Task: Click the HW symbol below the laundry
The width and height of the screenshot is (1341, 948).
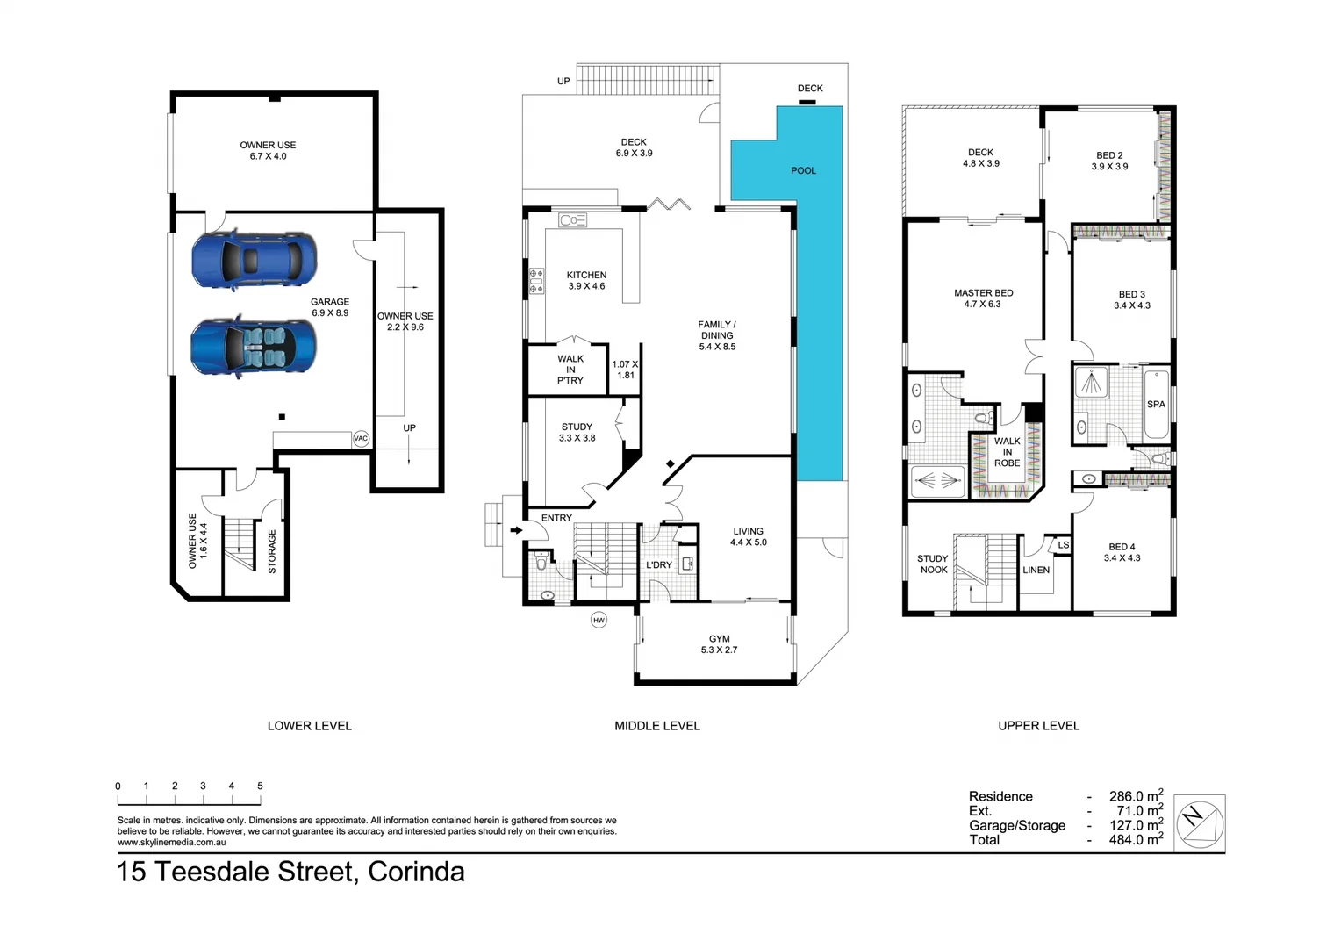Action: [x=599, y=620]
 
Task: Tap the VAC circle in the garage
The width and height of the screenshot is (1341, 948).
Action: [x=361, y=438]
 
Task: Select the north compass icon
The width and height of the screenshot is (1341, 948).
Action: [x=1199, y=823]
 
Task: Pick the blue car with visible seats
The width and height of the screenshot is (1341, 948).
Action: [x=254, y=347]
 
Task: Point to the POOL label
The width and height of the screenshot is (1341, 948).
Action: [x=803, y=170]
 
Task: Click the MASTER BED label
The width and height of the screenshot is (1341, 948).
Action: [x=983, y=293]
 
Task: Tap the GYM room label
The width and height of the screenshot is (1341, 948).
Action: [x=719, y=639]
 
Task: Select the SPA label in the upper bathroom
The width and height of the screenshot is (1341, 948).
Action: [x=1156, y=405]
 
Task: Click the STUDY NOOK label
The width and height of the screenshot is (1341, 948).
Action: [x=933, y=564]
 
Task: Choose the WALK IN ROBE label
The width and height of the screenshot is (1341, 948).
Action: [x=1007, y=452]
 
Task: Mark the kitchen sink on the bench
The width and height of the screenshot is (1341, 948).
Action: [x=572, y=220]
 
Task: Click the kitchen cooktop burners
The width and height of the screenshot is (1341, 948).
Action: [x=535, y=281]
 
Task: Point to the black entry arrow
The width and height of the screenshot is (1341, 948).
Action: [x=517, y=529]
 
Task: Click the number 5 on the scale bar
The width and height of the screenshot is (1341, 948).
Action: [x=260, y=786]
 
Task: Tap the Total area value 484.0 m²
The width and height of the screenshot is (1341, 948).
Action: [x=1136, y=840]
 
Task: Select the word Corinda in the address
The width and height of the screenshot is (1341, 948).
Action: [x=416, y=872]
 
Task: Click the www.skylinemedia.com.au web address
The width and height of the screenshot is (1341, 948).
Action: [x=172, y=843]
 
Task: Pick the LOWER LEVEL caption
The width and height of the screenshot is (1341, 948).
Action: [x=309, y=726]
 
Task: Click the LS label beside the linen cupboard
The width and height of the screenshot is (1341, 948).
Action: [x=1063, y=545]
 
